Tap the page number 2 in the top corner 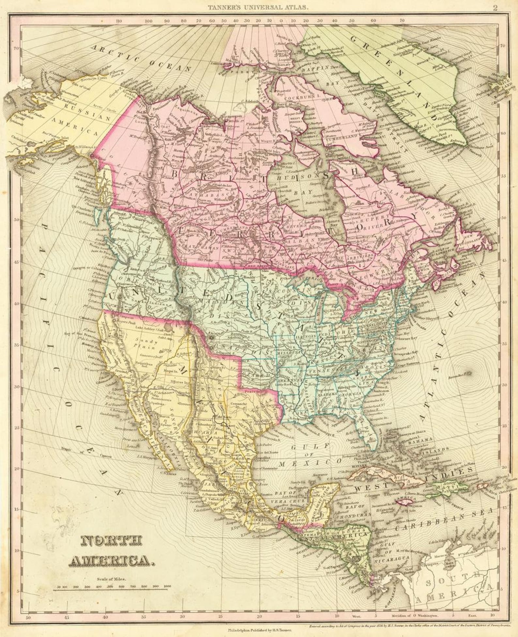click(495, 8)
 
